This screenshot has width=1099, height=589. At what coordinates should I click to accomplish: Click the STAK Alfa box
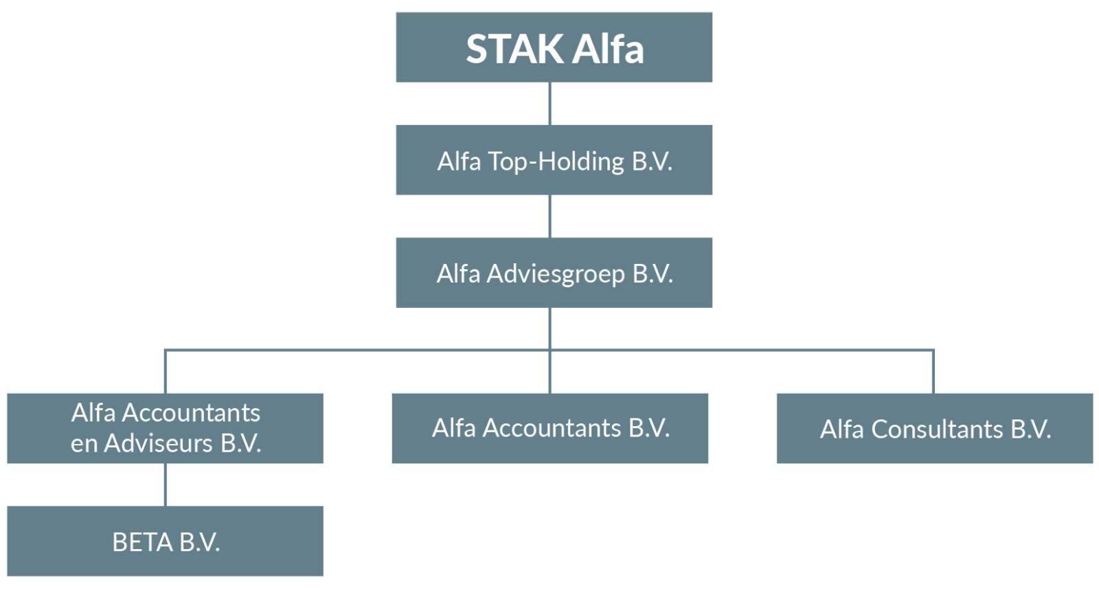pos(554,47)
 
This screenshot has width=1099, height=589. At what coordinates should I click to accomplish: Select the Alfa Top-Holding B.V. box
pos(554,160)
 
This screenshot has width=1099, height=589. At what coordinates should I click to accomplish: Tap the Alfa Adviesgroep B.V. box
pos(554,273)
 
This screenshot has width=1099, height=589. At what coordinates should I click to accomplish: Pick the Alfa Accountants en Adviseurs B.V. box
pos(165,428)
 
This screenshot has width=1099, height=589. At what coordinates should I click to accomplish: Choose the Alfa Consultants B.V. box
pos(935,428)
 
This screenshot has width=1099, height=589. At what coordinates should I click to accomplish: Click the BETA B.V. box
pos(165,541)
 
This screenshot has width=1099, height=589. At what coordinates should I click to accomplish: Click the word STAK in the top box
pos(514,49)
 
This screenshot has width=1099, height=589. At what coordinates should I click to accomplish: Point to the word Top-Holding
pos(556,162)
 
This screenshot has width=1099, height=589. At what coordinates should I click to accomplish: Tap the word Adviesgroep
pos(556,275)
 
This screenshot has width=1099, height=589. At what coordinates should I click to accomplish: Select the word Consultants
pos(937,430)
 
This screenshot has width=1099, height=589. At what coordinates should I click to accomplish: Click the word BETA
pos(142,542)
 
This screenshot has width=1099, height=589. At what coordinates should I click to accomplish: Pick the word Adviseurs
pos(158,444)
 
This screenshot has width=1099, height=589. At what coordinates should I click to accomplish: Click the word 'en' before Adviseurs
pos(84,445)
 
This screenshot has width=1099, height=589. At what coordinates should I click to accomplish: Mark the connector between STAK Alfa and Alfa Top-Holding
pos(549,104)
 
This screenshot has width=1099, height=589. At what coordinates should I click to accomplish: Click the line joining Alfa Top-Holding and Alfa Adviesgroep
pos(549,216)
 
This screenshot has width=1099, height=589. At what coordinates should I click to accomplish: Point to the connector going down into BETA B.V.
pos(166,485)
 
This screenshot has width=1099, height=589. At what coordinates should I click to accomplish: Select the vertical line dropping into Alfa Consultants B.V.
pos(933,372)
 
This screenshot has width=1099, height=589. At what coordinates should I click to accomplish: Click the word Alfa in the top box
pos(608,49)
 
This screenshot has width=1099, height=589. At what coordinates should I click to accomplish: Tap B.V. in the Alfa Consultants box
pos(1030,430)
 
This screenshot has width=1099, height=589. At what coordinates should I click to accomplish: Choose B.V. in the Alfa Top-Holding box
pos(652,162)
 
